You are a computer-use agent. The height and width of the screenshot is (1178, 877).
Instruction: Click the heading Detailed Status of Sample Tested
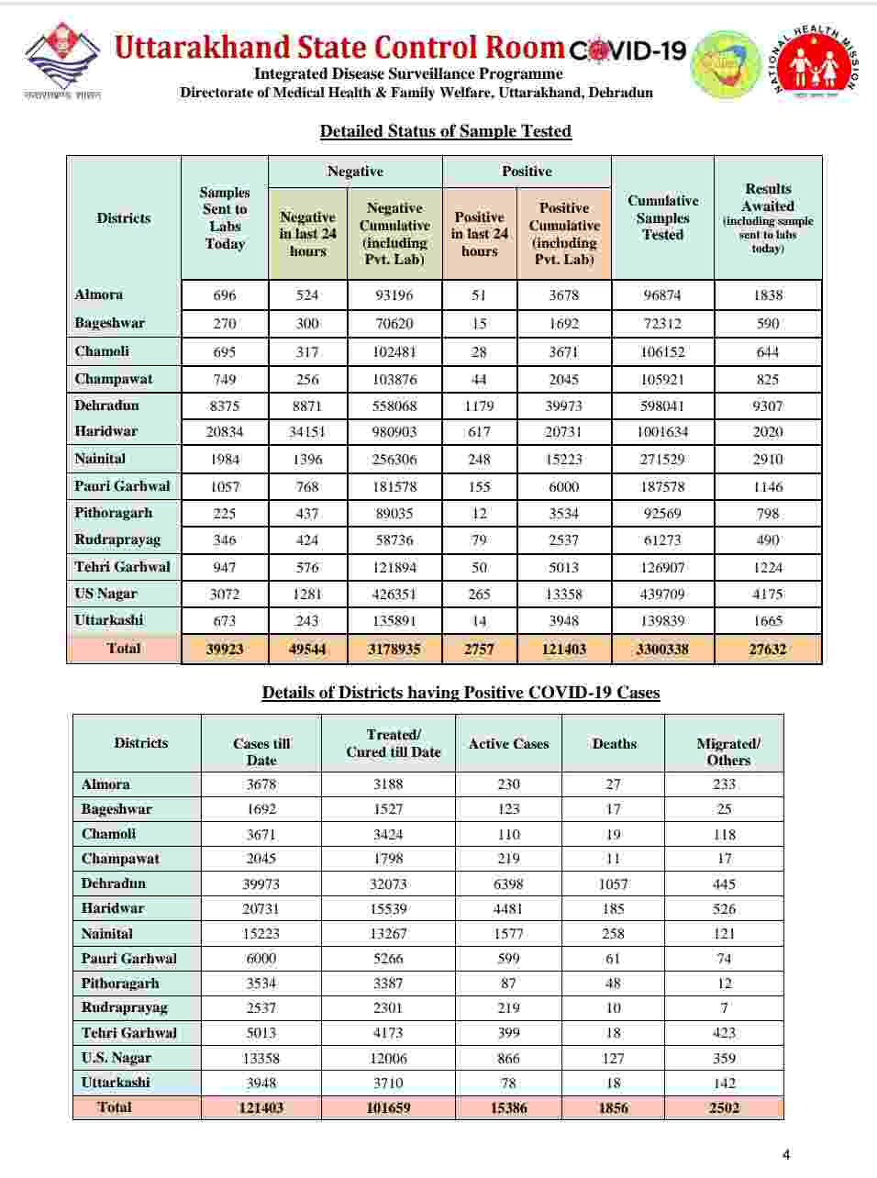click(445, 131)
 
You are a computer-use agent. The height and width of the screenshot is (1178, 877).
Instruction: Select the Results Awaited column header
click(768, 217)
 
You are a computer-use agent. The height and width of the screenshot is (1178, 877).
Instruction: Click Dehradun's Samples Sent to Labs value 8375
click(224, 406)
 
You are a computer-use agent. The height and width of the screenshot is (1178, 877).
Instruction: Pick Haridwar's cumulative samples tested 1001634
click(662, 432)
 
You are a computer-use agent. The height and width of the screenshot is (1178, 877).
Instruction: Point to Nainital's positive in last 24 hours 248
click(479, 459)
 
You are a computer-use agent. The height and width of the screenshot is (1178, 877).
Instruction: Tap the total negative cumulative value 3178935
click(394, 649)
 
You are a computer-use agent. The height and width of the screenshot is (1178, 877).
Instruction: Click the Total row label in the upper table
click(124, 648)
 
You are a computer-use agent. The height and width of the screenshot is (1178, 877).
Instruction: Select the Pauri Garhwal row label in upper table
click(122, 485)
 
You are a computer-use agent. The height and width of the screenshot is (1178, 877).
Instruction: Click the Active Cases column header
click(508, 744)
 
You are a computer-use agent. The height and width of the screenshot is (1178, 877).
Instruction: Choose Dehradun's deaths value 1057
click(613, 883)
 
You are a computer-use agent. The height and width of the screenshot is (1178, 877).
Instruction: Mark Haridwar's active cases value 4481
click(508, 908)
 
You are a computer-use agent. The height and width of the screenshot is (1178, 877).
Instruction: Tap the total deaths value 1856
click(613, 1107)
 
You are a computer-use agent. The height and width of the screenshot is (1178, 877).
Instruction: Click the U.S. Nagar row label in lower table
click(117, 1057)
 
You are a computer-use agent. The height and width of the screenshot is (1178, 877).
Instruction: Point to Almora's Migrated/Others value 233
click(724, 784)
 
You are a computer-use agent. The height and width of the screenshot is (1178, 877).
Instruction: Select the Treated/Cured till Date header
click(394, 743)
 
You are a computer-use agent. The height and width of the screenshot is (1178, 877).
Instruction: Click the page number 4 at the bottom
click(785, 1154)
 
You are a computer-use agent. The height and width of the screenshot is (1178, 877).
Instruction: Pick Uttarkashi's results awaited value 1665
click(768, 621)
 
